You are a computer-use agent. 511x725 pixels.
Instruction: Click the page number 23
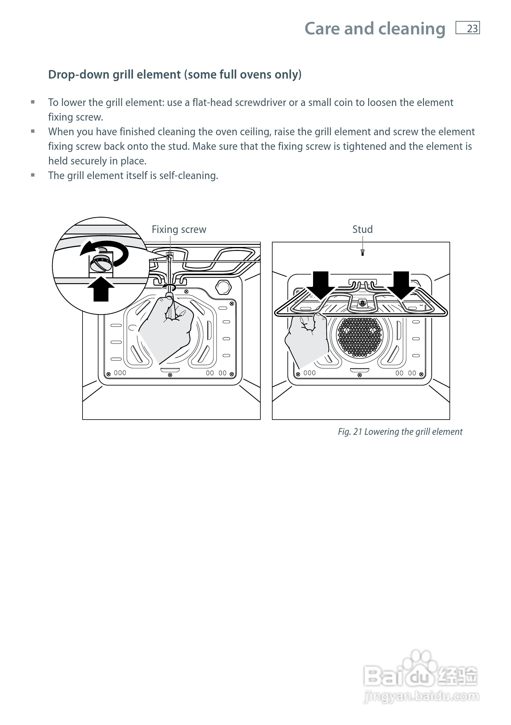click(x=472, y=28)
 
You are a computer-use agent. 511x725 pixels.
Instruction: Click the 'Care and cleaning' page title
click(x=375, y=29)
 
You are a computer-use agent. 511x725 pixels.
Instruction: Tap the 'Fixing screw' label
click(x=179, y=229)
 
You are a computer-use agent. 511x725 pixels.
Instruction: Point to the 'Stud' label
click(x=362, y=229)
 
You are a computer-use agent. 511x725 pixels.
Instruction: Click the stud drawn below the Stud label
click(x=362, y=252)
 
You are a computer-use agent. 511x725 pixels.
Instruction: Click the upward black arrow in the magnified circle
click(x=101, y=289)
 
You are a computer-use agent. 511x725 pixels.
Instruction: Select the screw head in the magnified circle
click(x=101, y=262)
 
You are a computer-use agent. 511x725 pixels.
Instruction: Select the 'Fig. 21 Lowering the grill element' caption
click(x=400, y=432)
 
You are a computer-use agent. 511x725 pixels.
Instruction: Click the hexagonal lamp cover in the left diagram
click(x=223, y=287)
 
